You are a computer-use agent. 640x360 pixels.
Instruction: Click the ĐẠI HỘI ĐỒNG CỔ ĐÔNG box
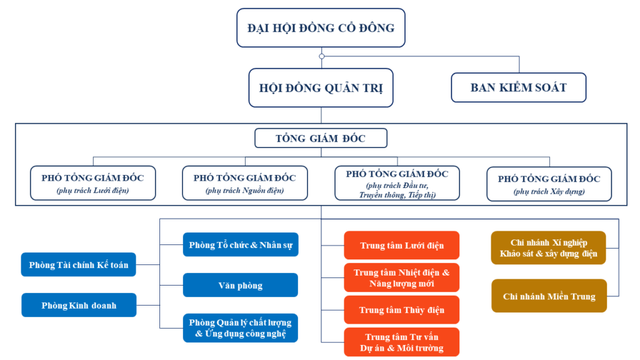tap(321, 28)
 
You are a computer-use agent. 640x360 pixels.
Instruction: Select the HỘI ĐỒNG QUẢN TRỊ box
tap(321, 87)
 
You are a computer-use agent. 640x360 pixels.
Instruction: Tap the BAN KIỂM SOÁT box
tap(518, 87)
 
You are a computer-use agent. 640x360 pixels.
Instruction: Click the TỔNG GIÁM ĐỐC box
tap(321, 138)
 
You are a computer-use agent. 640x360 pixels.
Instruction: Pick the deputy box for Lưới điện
tap(92, 182)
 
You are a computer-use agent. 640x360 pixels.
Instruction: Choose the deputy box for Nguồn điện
tap(245, 182)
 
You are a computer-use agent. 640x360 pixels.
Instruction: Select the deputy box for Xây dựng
tap(549, 183)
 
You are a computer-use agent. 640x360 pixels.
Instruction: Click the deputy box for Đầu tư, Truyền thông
tap(397, 182)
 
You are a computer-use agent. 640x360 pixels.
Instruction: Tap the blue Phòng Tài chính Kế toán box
tap(79, 265)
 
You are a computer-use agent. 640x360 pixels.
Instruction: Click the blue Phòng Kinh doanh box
tap(79, 306)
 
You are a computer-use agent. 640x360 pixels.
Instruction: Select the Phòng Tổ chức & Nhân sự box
tap(241, 245)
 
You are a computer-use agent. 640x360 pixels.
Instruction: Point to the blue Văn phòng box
tap(241, 286)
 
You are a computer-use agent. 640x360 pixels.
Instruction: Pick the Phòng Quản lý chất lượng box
tap(241, 328)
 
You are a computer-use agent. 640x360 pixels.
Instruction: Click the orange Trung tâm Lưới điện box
tap(402, 245)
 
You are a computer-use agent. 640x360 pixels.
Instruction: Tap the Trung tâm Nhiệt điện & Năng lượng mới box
tap(402, 278)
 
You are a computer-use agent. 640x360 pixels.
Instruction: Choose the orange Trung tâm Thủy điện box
tap(402, 310)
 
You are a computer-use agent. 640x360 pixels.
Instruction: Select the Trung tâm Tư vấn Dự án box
tap(402, 342)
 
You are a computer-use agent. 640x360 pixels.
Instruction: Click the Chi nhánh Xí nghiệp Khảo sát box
tap(549, 248)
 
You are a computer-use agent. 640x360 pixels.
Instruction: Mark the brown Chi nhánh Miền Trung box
tap(549, 296)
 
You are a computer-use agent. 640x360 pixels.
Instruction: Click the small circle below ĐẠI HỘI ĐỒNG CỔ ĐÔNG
tap(321, 56)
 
